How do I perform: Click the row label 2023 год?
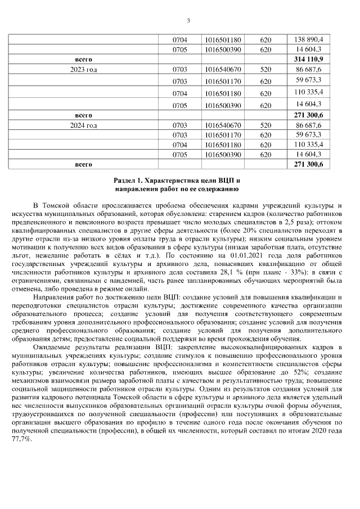pyautogui.click(x=83, y=69)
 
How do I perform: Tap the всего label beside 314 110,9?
pyautogui.click(x=83, y=59)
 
